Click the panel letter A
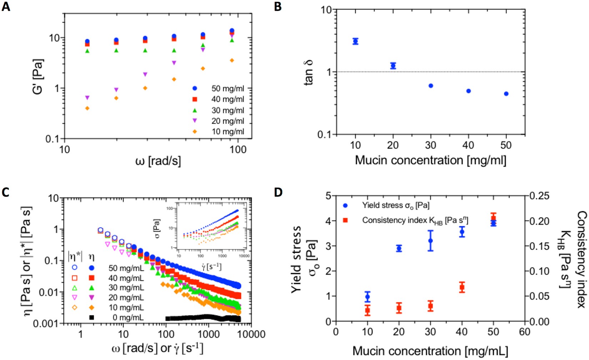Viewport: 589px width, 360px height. (6, 6)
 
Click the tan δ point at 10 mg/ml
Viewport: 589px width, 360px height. (355, 41)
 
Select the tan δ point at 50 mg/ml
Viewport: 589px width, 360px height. (506, 94)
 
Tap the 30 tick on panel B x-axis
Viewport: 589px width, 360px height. (431, 145)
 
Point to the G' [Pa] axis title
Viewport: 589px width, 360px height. (37, 77)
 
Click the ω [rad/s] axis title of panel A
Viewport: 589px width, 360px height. (158, 161)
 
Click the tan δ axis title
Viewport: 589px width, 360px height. (309, 72)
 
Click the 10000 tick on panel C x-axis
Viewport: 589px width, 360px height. (251, 335)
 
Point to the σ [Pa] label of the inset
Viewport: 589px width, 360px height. (157, 229)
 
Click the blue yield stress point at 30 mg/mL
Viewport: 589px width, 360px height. (431, 241)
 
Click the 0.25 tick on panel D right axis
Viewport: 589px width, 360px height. (539, 196)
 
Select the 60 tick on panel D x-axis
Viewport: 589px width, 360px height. (525, 332)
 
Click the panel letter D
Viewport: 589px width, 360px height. (278, 192)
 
